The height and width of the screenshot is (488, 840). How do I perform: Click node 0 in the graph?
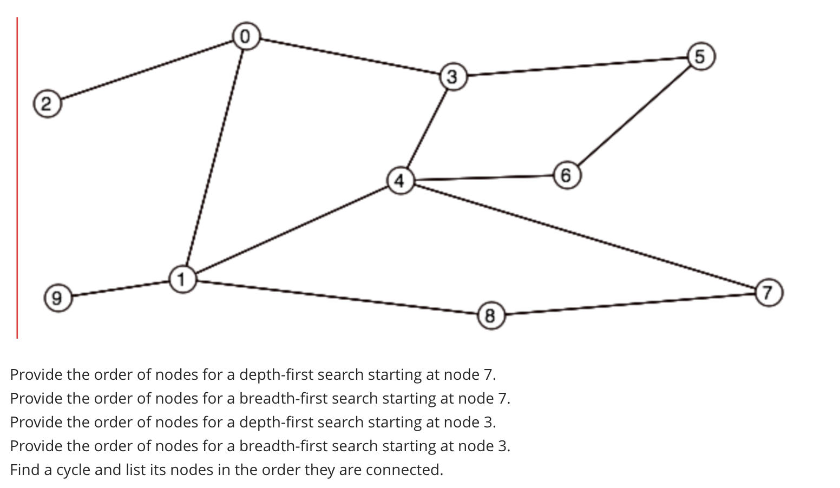[x=245, y=36]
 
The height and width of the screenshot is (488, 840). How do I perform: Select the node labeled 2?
[x=46, y=103]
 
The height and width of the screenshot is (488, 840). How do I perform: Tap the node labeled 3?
[x=452, y=76]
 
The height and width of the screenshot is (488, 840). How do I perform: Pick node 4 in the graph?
[x=400, y=180]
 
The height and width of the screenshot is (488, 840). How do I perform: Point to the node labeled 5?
[x=700, y=56]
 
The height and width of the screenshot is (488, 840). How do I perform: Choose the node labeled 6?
[x=566, y=175]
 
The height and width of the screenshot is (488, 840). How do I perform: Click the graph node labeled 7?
[x=767, y=293]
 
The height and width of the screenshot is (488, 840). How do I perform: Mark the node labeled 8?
[x=490, y=315]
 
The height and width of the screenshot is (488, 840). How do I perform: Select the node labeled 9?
[x=57, y=297]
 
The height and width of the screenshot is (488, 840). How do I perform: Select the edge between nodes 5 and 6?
[x=633, y=116]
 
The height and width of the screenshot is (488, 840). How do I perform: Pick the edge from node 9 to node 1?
[x=120, y=288]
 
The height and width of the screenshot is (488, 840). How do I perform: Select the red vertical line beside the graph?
[x=17, y=179]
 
